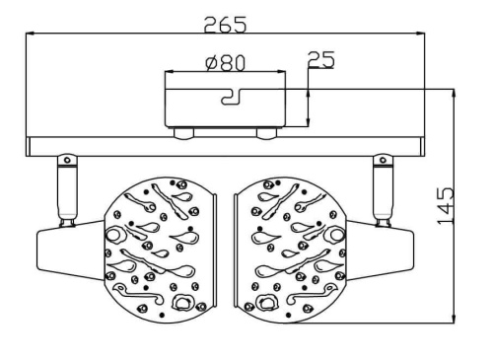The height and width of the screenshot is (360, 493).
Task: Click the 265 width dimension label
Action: pos(225,25)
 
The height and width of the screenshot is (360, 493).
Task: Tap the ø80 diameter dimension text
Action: pos(226,63)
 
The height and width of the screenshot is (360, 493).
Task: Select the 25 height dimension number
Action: pos(320,59)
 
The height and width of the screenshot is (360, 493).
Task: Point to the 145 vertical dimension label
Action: pos(446,206)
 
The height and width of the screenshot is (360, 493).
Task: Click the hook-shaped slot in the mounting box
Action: pos(232,97)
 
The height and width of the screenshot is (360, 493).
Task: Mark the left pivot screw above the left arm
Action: pos(67,161)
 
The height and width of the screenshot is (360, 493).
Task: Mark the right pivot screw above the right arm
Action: pos(383,161)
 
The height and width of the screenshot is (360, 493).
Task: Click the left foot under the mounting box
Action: pos(184,133)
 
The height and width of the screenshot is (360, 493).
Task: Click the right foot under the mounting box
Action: pos(266,133)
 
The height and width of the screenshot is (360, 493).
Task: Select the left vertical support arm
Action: pos(67,190)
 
